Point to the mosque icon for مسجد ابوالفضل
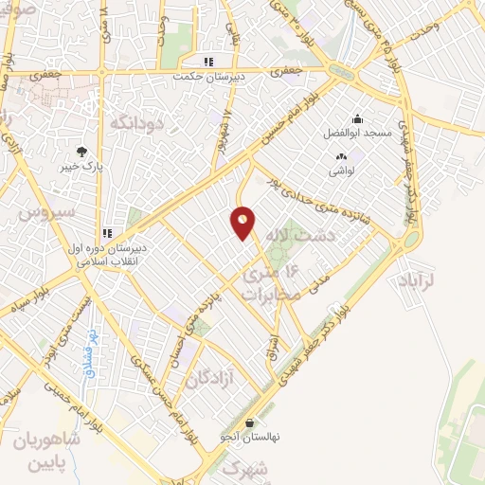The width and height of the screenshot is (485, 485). coord(357,119)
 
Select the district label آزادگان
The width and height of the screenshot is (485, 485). coord(208,379)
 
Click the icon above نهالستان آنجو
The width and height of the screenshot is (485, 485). coord(248,423)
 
